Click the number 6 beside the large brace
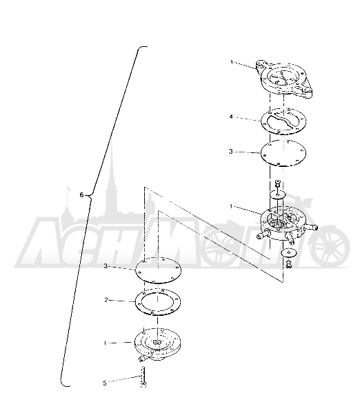(x=81, y=195)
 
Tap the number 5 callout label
(x=104, y=383)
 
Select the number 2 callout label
(x=106, y=300)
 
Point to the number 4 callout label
(x=231, y=117)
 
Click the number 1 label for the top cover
(x=232, y=62)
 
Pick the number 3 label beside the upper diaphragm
(x=230, y=152)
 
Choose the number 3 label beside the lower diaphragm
(x=106, y=266)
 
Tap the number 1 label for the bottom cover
(x=105, y=343)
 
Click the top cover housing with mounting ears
(x=284, y=79)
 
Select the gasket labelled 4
(x=283, y=121)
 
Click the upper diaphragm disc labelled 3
(x=283, y=153)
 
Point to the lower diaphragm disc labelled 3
(x=158, y=270)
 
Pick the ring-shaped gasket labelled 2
(x=158, y=302)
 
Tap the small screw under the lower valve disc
(x=289, y=264)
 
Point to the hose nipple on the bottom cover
(x=143, y=358)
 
